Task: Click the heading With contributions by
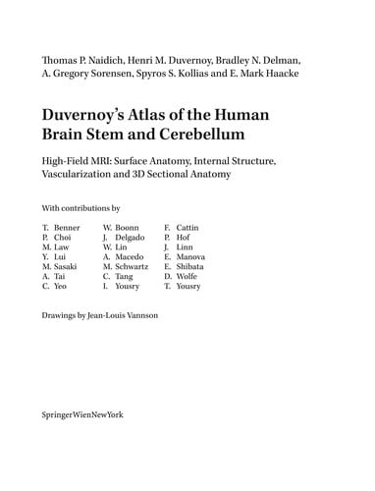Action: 80,209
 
